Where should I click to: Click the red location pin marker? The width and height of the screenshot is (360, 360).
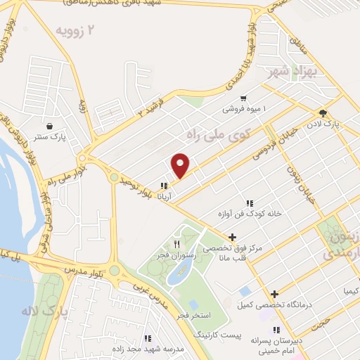(181, 165)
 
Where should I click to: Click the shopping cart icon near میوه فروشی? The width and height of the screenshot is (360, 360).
(243, 98)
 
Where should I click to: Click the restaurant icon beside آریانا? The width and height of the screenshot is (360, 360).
(164, 186)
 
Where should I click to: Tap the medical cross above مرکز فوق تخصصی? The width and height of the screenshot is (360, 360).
(232, 237)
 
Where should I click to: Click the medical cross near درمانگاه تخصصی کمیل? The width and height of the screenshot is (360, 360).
(275, 294)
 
